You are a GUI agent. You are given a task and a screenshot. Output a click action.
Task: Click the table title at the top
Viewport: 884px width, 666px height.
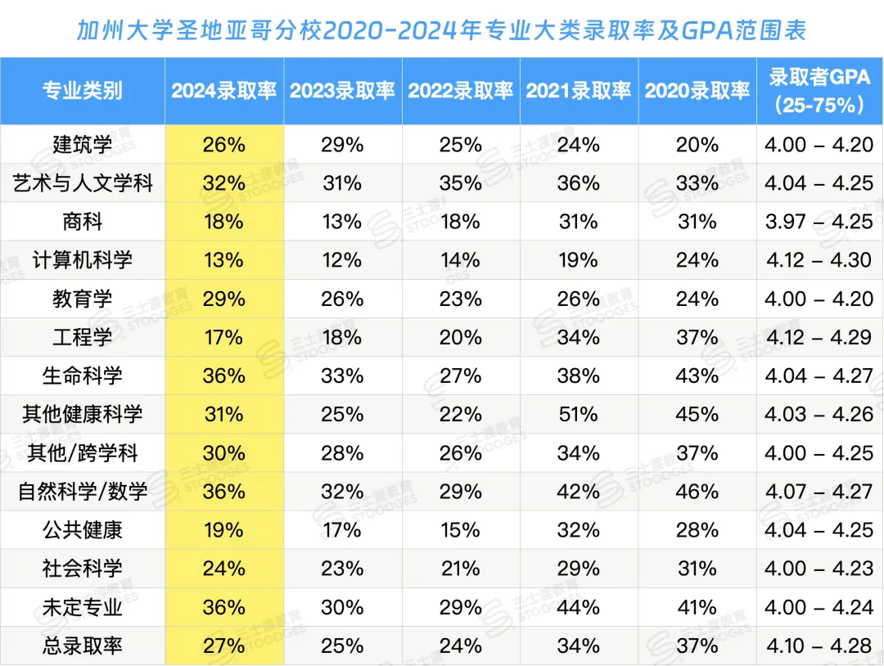click(x=442, y=30)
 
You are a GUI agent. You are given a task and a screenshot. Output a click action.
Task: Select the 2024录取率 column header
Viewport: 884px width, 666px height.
click(x=223, y=91)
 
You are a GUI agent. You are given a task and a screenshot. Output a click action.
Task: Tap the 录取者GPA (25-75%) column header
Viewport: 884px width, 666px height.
click(x=819, y=91)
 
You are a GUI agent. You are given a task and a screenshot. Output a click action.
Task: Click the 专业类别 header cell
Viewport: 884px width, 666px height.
click(x=82, y=91)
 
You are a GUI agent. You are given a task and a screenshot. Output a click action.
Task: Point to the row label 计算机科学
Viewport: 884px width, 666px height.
click(x=82, y=260)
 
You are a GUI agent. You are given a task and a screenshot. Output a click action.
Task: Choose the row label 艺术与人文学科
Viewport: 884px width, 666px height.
click(x=82, y=183)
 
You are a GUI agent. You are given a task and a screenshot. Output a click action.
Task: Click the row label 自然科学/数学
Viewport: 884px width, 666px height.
click(x=82, y=492)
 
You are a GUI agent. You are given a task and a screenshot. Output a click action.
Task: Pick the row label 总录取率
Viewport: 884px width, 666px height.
click(x=82, y=646)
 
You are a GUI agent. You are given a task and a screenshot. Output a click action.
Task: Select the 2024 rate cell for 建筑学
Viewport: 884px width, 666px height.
click(x=223, y=145)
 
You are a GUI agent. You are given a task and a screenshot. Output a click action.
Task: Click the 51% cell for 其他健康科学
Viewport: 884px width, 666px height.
click(x=579, y=415)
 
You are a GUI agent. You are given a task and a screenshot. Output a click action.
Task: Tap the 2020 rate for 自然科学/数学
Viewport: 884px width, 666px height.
click(x=697, y=492)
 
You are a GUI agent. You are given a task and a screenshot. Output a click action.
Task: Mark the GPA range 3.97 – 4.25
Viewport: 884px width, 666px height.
click(x=819, y=222)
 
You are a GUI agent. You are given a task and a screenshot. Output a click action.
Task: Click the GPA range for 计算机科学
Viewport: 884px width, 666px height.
click(x=819, y=260)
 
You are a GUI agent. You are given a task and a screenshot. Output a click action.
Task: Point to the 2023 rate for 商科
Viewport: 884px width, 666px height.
click(x=342, y=222)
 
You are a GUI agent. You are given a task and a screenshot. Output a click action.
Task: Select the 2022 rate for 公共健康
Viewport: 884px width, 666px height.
click(x=461, y=530)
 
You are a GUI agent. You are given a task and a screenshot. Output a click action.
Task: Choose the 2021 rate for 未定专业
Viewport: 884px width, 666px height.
click(x=579, y=607)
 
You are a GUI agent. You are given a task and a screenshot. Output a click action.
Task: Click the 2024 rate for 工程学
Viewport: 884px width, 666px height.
click(x=223, y=337)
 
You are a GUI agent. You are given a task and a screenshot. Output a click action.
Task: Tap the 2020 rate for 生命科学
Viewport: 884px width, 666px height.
click(x=697, y=376)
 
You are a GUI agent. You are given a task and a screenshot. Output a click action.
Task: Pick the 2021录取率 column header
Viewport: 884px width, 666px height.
click(x=579, y=91)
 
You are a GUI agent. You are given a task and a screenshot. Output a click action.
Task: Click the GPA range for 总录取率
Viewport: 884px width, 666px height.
click(x=819, y=646)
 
